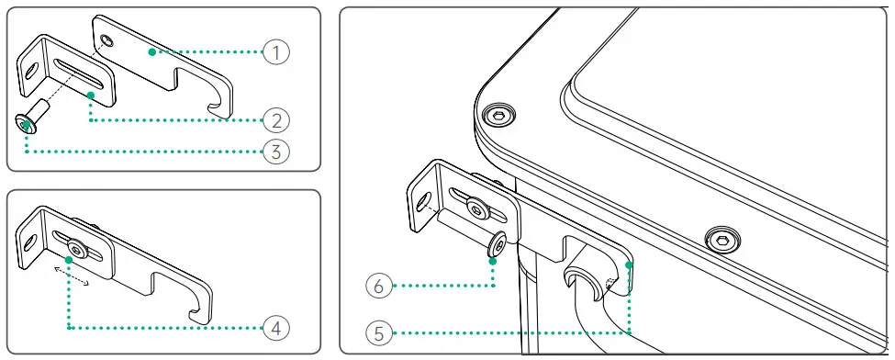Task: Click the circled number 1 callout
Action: click(x=276, y=52)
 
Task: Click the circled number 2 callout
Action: click(x=276, y=120)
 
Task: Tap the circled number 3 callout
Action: click(x=276, y=152)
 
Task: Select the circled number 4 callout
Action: click(x=276, y=328)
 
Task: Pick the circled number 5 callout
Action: click(x=380, y=333)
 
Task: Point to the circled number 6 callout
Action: click(x=380, y=286)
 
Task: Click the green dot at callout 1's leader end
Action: click(x=151, y=52)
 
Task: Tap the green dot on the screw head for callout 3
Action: click(x=27, y=123)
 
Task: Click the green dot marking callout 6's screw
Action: click(x=494, y=261)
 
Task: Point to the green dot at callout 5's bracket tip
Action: click(x=629, y=264)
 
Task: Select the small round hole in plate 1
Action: click(x=106, y=39)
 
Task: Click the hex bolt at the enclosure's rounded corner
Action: click(x=498, y=116)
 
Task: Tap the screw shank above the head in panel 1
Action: click(x=41, y=107)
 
